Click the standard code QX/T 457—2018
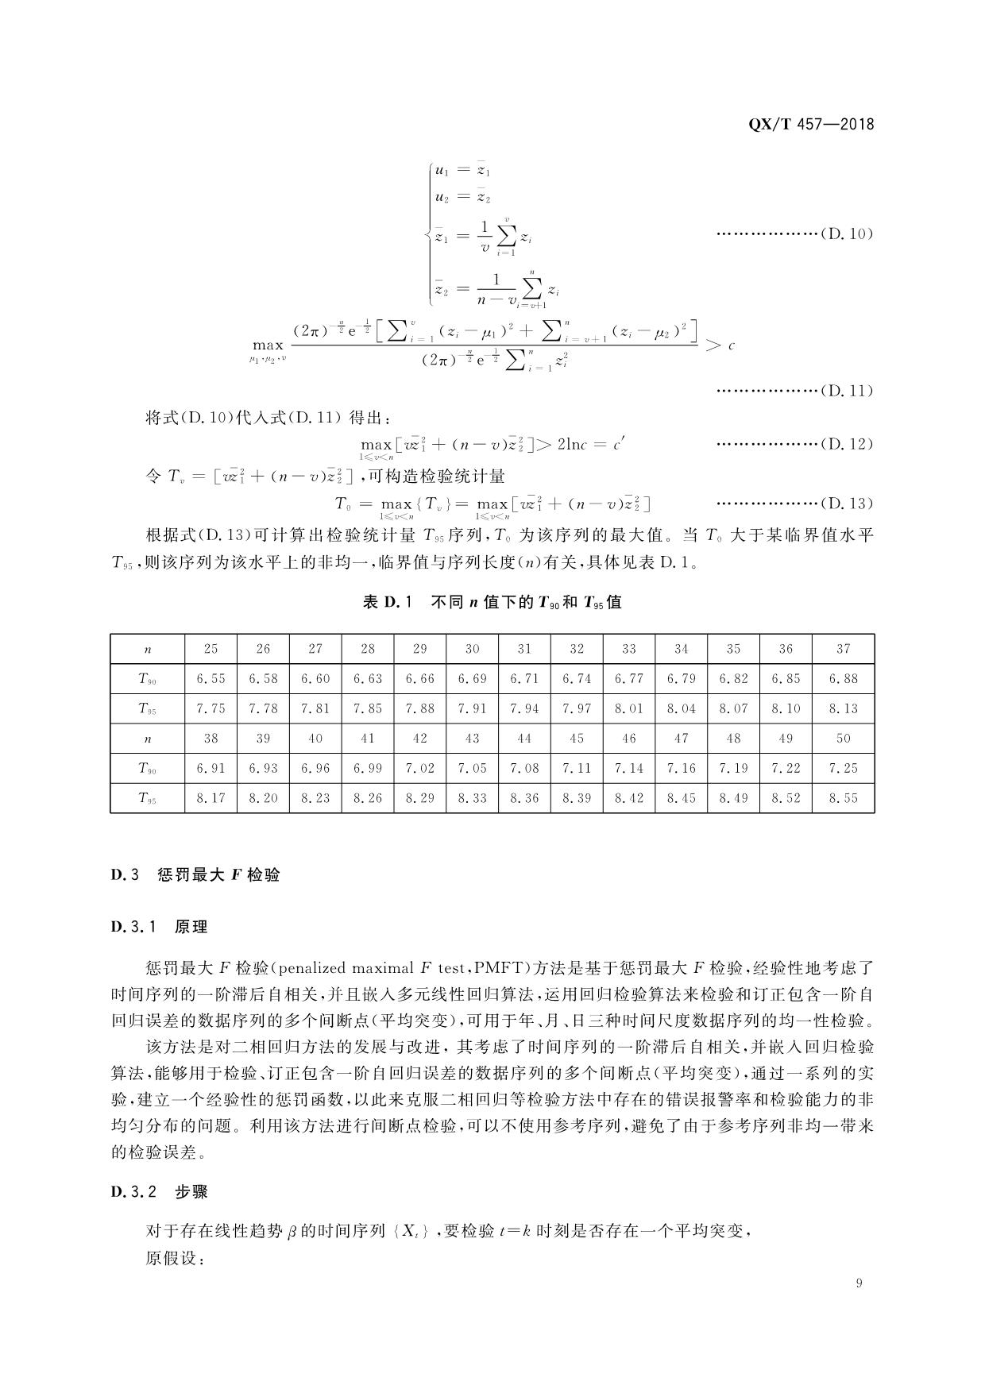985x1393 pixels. (811, 125)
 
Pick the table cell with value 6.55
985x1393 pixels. (211, 679)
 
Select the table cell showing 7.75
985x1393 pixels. (211, 708)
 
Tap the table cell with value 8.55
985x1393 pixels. (843, 798)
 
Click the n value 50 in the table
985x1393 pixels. (843, 739)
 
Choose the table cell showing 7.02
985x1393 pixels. (419, 769)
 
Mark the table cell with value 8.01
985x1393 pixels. (629, 708)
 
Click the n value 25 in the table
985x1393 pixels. (211, 649)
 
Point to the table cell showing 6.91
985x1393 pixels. (211, 769)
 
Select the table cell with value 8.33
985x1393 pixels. (472, 798)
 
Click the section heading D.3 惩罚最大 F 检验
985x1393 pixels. (195, 876)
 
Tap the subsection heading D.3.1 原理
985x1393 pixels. (159, 927)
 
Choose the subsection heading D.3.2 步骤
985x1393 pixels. (159, 1192)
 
